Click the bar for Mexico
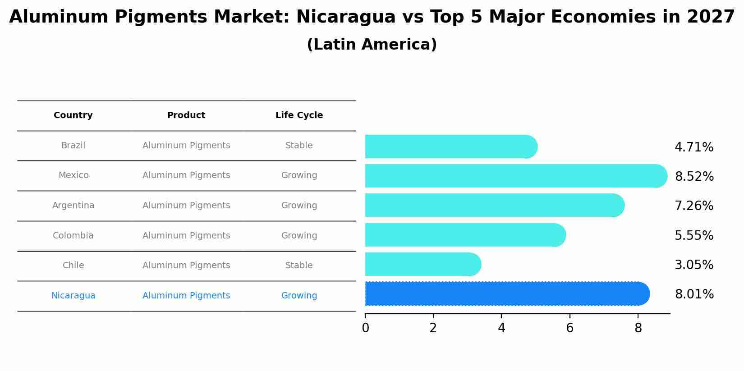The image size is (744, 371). (x=514, y=176)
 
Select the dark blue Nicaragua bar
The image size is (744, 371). (x=505, y=294)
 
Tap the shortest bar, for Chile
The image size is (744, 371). (x=422, y=265)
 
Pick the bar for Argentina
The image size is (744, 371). (x=494, y=206)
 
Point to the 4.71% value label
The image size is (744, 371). (x=693, y=147)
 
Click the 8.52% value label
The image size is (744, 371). (x=694, y=177)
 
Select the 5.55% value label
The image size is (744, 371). (x=693, y=236)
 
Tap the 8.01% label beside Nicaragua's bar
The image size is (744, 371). (x=694, y=294)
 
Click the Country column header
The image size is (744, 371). (x=73, y=115)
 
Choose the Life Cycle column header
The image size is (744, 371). (x=299, y=115)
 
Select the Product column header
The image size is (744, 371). (x=186, y=115)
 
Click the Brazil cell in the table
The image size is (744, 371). (x=73, y=146)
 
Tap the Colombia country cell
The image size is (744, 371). (x=73, y=236)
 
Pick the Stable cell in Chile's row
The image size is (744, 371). (x=299, y=266)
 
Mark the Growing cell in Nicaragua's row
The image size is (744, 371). (x=299, y=296)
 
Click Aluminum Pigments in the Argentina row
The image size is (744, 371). (x=186, y=206)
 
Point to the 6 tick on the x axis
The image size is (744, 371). (x=569, y=328)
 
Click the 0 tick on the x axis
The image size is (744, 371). (x=365, y=328)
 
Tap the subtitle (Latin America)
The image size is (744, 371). (x=372, y=45)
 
